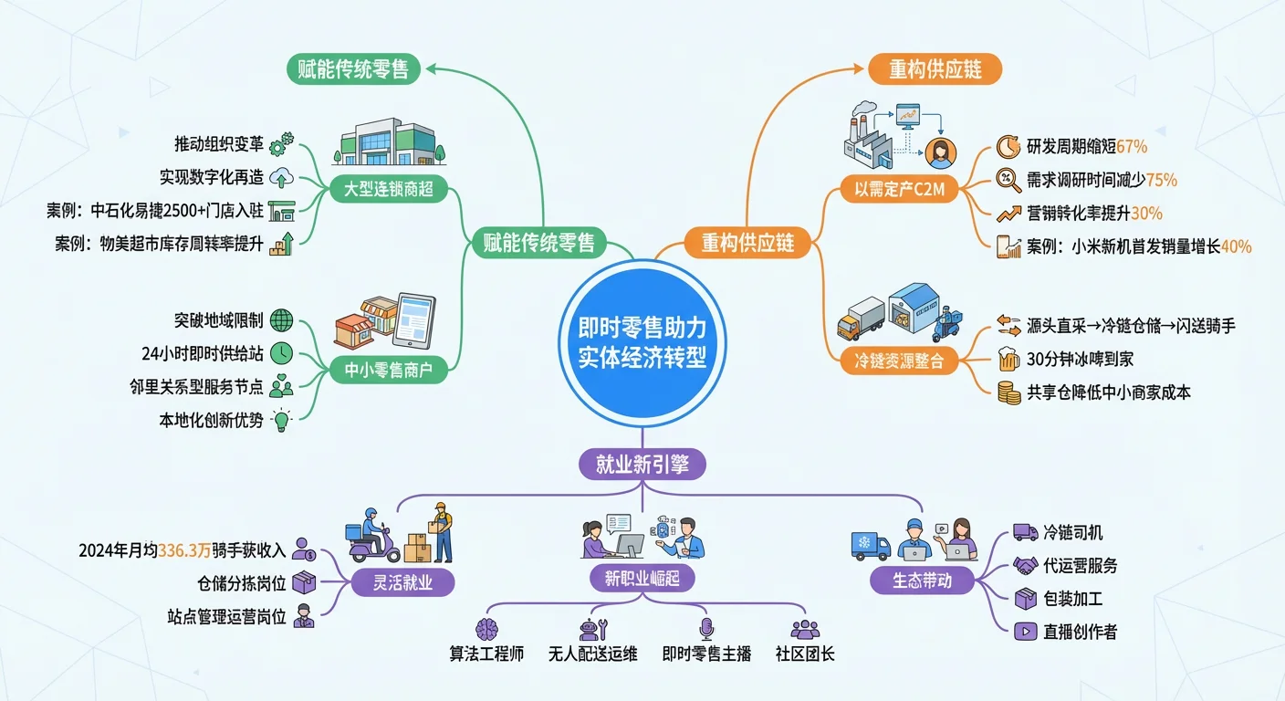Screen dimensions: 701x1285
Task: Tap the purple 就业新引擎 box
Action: [642, 465]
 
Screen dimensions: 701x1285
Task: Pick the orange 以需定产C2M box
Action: [899, 191]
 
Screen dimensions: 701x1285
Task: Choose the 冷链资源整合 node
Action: [899, 361]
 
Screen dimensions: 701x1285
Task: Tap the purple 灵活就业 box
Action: [402, 582]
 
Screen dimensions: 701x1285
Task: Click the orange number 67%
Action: [1132, 146]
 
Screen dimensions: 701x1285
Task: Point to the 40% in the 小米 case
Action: [1236, 246]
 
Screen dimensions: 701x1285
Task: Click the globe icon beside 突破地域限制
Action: [282, 320]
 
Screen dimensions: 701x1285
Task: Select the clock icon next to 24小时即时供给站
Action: [282, 353]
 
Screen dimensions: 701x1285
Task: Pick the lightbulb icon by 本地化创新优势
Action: [282, 420]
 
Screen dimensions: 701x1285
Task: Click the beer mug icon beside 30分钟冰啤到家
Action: [1008, 359]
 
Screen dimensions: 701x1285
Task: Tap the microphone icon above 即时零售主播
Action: [705, 628]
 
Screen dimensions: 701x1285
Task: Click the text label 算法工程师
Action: [486, 654]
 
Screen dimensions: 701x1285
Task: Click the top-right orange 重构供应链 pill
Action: [934, 69]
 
